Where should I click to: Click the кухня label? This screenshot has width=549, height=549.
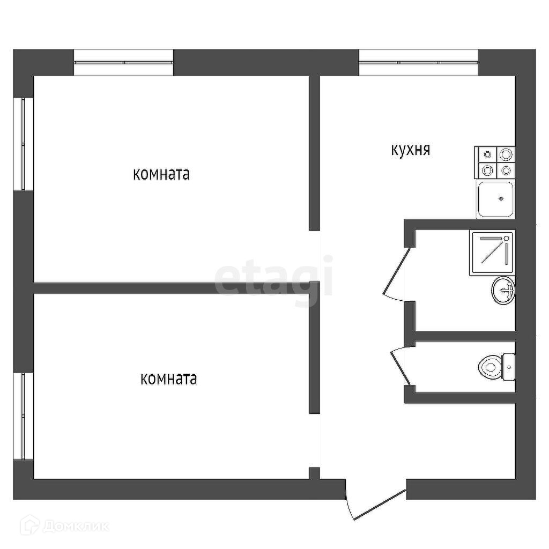point(410,150)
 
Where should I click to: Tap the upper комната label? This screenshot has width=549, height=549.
point(161,174)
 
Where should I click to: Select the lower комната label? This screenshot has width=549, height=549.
point(168,379)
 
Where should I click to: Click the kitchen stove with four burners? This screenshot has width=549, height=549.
point(494,162)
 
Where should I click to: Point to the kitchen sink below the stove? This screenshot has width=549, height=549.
point(496,199)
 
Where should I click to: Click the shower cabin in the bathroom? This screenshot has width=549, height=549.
point(492,252)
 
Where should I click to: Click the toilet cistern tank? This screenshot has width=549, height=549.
point(508,367)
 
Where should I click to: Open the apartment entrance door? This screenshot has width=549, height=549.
point(375,504)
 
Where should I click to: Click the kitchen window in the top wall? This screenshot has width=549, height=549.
point(418,63)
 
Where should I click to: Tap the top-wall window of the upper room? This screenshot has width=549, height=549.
point(123,63)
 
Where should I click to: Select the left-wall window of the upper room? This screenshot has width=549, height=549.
point(24,144)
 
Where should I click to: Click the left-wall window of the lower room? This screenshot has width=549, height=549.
point(24,416)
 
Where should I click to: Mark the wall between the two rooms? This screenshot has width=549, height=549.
point(172,287)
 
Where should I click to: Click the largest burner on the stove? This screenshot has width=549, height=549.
point(506,155)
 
